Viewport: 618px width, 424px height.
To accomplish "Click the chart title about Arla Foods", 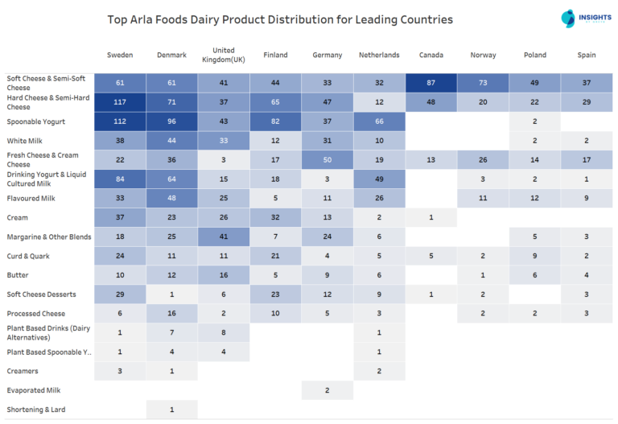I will [280, 19].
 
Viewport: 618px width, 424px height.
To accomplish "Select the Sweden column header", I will [120, 56].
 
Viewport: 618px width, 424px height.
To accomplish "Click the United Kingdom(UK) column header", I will [223, 56].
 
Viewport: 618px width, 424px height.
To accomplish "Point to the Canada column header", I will [431, 56].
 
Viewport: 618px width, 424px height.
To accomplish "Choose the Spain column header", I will [586, 56].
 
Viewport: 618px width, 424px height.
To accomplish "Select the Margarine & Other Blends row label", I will [48, 237].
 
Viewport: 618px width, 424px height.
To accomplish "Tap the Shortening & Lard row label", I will [36, 410].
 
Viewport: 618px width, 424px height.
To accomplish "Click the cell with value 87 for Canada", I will [431, 83].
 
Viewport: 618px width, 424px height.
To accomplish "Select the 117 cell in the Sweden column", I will [120, 102].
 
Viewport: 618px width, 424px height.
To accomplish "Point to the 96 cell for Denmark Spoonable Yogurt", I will [171, 121].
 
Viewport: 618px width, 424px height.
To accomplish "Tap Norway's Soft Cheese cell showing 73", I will [483, 83].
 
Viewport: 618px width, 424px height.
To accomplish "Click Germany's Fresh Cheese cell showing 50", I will [328, 160].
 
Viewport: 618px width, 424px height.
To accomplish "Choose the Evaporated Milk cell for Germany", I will [328, 390].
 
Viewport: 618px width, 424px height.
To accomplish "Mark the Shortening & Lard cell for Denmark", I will [171, 410].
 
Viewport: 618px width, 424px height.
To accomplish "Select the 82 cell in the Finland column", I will [275, 121].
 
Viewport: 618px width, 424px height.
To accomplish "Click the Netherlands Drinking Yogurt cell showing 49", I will [379, 179].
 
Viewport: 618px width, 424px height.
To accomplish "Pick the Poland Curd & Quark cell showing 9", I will [534, 256].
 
